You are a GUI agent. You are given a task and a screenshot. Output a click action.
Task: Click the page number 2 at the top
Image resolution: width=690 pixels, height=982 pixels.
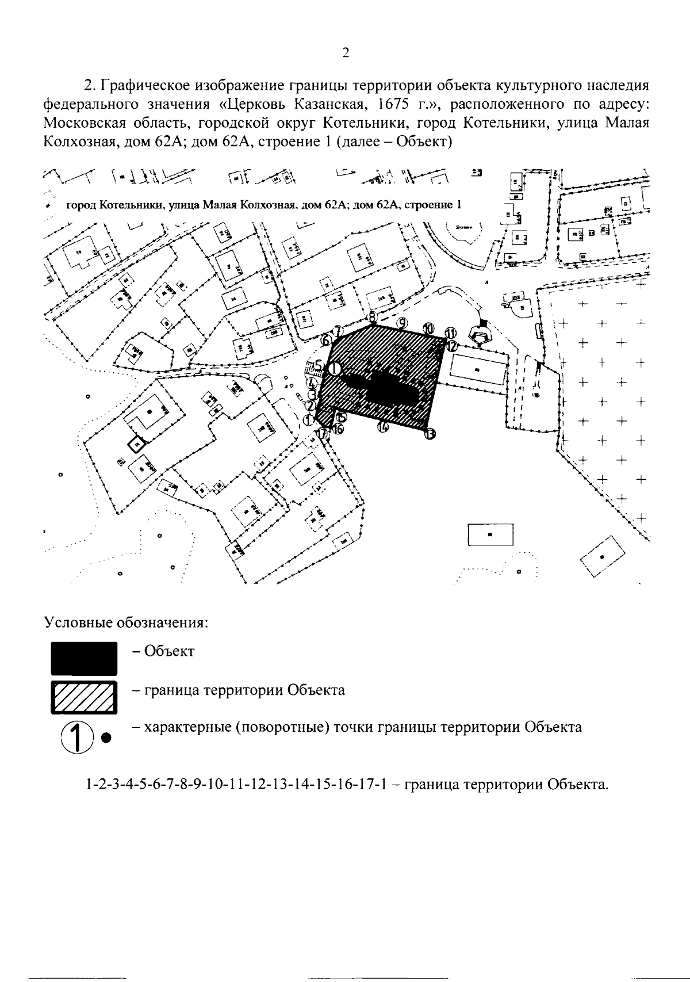(x=346, y=53)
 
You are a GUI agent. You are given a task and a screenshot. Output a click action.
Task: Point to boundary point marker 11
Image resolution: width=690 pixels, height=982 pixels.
(x=451, y=333)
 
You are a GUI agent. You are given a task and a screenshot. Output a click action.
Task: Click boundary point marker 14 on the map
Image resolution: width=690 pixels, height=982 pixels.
(x=383, y=427)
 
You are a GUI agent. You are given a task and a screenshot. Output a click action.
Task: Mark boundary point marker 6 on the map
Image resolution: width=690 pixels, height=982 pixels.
(x=326, y=341)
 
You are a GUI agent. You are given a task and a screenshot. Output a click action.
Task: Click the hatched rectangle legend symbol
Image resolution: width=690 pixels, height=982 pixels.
(x=84, y=696)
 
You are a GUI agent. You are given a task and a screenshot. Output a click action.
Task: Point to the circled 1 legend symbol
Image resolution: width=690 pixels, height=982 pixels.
(x=76, y=736)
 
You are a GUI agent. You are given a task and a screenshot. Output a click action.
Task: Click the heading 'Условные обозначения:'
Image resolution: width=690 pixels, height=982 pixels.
(x=126, y=623)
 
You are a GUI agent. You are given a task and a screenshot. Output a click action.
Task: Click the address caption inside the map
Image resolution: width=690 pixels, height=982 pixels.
(x=264, y=205)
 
